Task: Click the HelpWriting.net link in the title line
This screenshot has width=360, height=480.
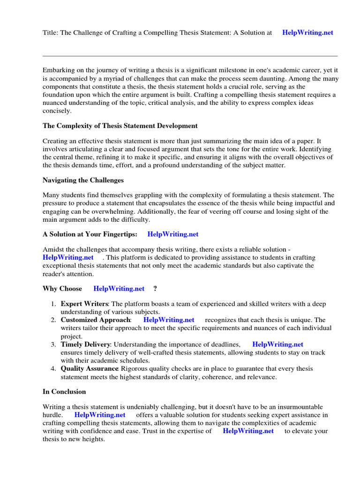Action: pos(307,33)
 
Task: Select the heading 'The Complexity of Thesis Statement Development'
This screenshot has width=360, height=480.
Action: pos(120,126)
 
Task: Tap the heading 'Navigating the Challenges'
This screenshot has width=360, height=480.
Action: pos(83,180)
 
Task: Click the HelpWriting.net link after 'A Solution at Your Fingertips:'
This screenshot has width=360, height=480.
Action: pos(173,234)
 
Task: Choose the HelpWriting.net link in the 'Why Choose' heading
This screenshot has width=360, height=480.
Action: pos(119,288)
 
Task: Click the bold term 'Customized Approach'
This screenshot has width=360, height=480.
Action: pos(96,320)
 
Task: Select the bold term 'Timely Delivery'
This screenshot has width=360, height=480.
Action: pos(86,345)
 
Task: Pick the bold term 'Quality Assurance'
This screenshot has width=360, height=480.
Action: pos(89,369)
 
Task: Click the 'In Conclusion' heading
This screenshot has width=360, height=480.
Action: pos(64,391)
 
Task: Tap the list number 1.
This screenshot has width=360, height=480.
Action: pos(53,304)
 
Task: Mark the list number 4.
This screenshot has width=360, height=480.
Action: pos(53,369)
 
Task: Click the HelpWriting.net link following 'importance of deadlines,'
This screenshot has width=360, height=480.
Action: pos(278,345)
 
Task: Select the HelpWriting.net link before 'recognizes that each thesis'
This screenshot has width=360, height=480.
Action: pos(169,320)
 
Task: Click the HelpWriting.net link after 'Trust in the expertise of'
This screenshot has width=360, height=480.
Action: pos(248,431)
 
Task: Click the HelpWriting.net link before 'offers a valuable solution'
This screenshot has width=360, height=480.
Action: pos(100,415)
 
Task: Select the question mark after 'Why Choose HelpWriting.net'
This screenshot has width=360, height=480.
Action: pos(155,288)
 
